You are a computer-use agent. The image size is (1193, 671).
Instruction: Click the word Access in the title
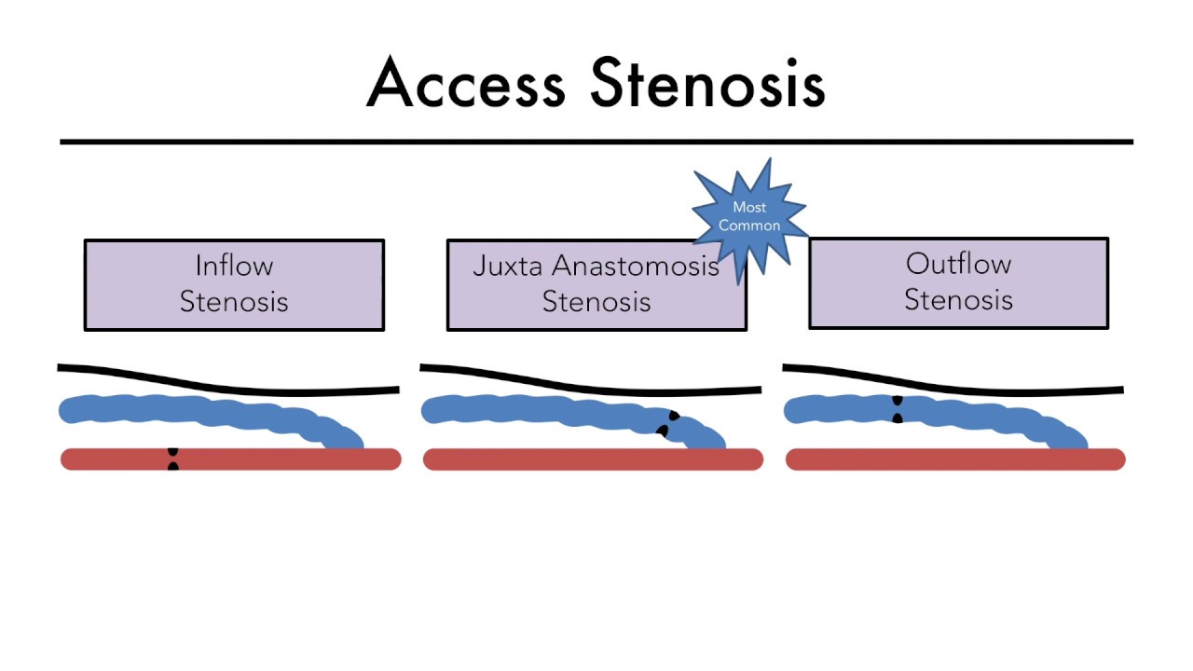[x=466, y=83]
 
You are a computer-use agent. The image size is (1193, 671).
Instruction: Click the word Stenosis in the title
[x=707, y=83]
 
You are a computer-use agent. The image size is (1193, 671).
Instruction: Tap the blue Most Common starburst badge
[x=749, y=216]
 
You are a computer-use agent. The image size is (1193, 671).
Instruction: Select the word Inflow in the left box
[x=234, y=266]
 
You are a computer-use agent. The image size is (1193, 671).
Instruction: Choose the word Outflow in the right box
[x=958, y=264]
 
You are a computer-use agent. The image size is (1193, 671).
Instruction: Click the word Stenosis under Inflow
[x=234, y=302]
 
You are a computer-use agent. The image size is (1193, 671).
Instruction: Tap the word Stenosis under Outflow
[x=958, y=300]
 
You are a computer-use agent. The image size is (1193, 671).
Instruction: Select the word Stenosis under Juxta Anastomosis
[x=596, y=302]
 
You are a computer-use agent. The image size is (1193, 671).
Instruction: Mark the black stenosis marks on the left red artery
[x=172, y=459]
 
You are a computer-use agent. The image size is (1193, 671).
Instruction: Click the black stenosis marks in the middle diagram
[x=668, y=424]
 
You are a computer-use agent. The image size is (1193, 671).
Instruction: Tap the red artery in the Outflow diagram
[x=932, y=459]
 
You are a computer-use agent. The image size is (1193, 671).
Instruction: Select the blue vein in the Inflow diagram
[x=186, y=411]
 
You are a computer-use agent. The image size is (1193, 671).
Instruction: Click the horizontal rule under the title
[x=596, y=142]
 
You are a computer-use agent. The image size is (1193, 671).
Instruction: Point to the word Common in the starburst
[x=749, y=226]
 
